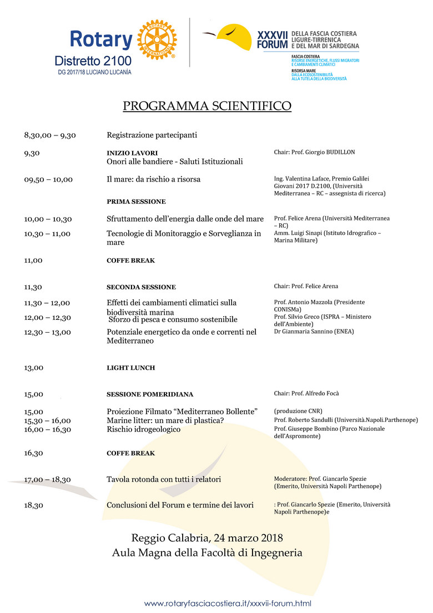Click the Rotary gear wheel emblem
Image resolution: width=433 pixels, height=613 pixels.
156,41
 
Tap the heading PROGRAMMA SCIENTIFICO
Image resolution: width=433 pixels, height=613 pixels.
207,106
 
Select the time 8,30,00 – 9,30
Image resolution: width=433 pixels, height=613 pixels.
50,135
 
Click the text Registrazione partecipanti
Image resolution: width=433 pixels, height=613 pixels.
152,135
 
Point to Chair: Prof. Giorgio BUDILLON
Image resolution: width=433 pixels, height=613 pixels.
314,152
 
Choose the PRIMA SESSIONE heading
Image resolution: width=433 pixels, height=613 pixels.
136,202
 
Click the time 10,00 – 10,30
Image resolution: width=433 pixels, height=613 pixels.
48,219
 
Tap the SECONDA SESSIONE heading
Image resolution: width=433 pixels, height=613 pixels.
141,287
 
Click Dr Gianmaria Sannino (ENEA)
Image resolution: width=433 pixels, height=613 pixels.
314,331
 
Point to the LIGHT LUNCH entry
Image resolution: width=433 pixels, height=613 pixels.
130,368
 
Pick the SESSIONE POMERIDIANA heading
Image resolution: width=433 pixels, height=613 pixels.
150,394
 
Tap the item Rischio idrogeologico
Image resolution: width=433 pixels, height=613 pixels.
143,429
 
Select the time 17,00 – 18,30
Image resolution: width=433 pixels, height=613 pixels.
48,479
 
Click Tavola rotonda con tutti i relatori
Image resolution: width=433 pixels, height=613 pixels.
164,479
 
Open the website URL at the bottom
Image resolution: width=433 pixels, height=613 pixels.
228,604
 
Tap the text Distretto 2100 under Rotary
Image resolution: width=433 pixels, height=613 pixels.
93,60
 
